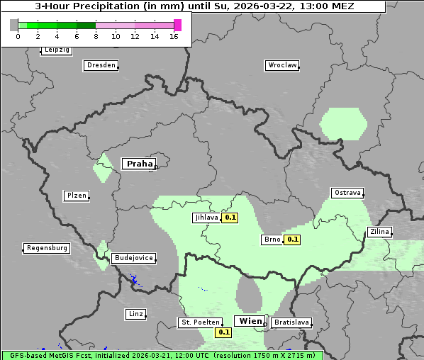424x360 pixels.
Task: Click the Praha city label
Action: click(139, 164)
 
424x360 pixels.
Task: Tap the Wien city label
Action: click(250, 321)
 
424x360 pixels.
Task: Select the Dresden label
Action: click(101, 65)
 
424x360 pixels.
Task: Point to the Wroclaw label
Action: click(282, 65)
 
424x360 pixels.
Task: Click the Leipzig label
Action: click(56, 50)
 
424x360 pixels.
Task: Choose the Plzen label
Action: click(77, 196)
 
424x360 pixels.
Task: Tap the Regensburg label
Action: click(47, 248)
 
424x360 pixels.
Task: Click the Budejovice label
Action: click(133, 258)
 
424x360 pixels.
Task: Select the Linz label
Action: click(135, 313)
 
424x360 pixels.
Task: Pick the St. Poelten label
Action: click(199, 322)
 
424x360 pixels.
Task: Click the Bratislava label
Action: click(291, 322)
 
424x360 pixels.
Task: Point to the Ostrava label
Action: click(347, 193)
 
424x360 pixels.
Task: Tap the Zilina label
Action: click(379, 232)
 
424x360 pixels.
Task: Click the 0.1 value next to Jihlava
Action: click(230, 218)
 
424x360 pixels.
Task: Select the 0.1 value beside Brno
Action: click(292, 240)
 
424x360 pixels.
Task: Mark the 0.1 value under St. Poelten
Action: click(224, 332)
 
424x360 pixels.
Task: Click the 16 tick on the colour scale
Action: click(174, 36)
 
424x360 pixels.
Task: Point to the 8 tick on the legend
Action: click(96, 36)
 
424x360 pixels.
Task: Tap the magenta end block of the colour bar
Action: click(177, 25)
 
